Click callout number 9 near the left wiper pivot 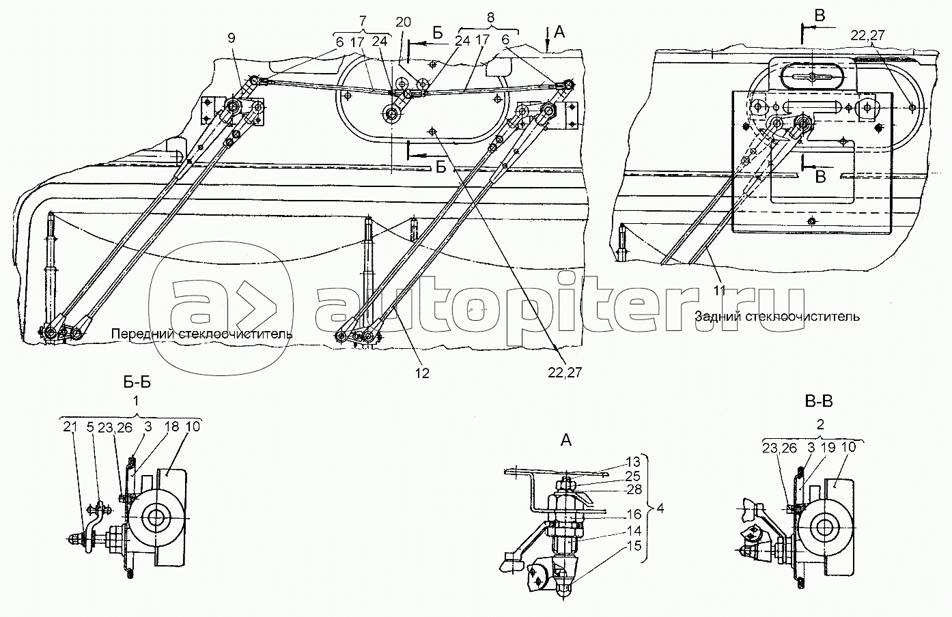pyautogui.click(x=232, y=38)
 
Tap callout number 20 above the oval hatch pyautogui.click(x=403, y=21)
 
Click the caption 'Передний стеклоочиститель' pyautogui.click(x=201, y=334)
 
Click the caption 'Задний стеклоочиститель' pyautogui.click(x=776, y=316)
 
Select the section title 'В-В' pyautogui.click(x=820, y=401)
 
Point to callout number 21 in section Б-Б pyautogui.click(x=68, y=427)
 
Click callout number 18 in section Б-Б pyautogui.click(x=171, y=427)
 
